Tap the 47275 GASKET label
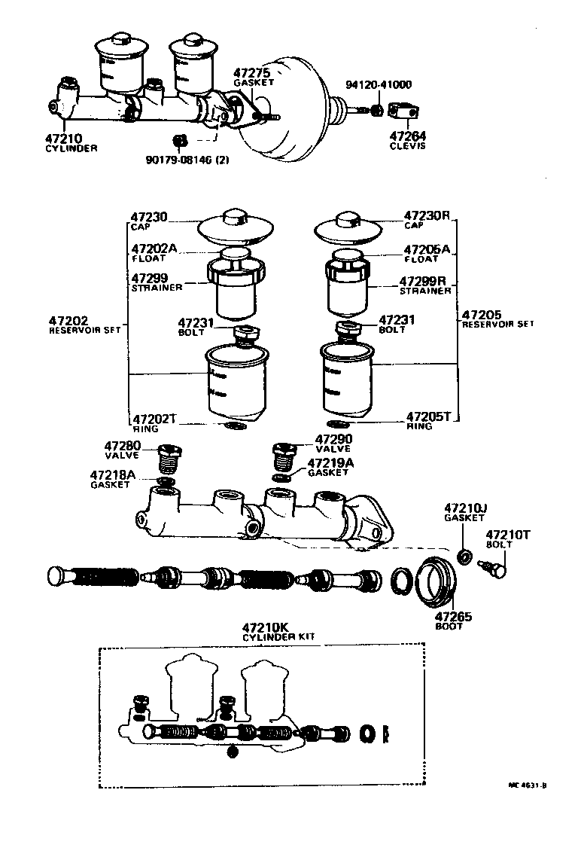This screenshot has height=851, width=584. [251, 77]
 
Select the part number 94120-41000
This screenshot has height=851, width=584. [379, 85]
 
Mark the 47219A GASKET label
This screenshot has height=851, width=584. [329, 467]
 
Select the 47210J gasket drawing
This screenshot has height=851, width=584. [466, 557]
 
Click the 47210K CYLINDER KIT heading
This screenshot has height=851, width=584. [278, 631]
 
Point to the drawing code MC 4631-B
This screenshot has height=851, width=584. [527, 785]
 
